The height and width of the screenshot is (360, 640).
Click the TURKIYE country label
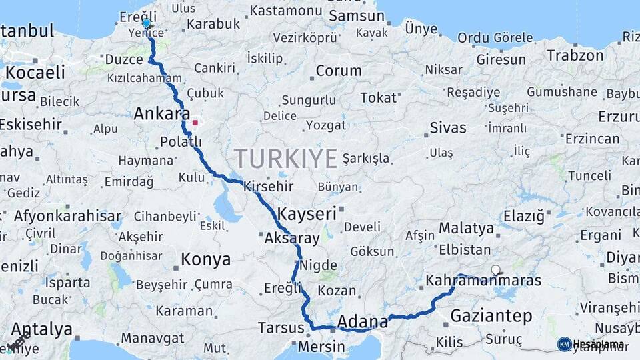285,159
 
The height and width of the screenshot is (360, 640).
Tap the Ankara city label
162,114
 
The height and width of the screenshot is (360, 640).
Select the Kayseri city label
307,214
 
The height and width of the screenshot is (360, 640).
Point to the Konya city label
206,259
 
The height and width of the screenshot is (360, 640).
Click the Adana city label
363,323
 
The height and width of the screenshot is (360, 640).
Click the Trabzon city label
575,56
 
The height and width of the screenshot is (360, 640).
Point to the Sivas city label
448,127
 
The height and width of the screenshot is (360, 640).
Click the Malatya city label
467,229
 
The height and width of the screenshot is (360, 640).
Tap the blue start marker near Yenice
147,23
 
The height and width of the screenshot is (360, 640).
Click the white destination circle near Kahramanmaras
495,270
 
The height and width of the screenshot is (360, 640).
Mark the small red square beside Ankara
195,123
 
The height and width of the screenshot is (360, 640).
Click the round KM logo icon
564,344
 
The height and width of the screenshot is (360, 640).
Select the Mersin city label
321,347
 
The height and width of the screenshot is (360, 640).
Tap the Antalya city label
42,329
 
